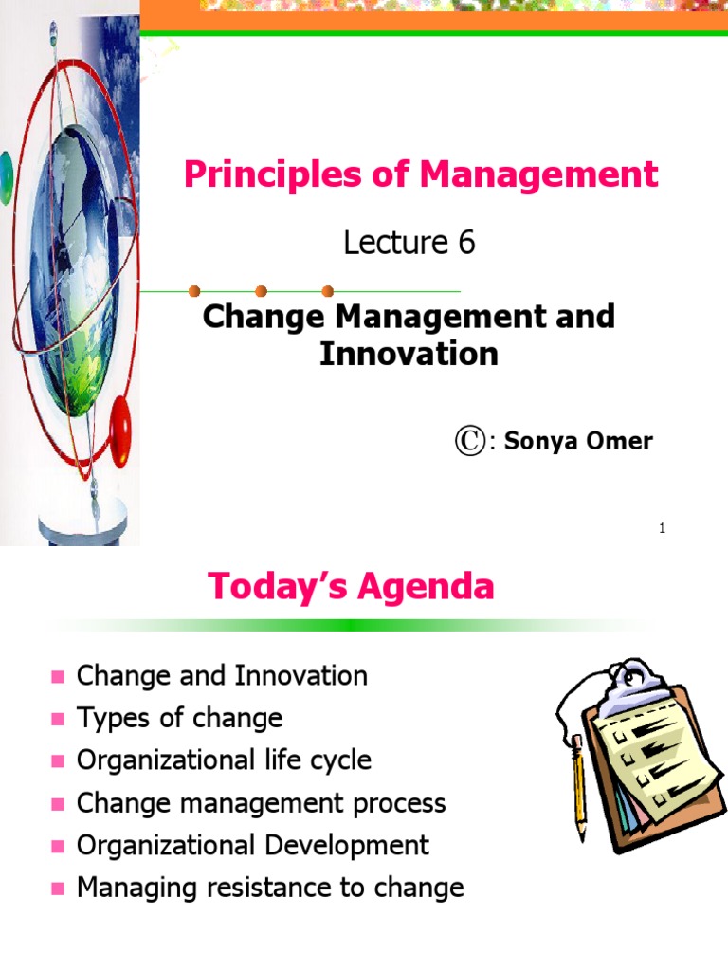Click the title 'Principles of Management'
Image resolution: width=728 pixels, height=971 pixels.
(420, 174)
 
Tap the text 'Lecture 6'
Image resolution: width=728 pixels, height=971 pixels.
(409, 244)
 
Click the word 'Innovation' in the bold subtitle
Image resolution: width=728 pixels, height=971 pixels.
(409, 354)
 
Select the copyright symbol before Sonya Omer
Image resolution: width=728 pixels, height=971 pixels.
(470, 441)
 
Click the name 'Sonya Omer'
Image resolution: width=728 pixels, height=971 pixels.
(578, 441)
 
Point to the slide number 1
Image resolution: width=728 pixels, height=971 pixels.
(663, 528)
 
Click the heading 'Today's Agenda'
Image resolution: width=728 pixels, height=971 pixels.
(351, 587)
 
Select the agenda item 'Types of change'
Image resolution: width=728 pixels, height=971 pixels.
(179, 718)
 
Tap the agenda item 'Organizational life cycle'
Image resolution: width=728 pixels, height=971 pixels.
(224, 760)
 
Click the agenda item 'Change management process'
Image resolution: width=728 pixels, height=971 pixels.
(261, 803)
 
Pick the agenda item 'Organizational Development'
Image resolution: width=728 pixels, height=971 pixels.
(252, 845)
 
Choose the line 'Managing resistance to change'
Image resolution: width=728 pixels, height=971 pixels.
(270, 888)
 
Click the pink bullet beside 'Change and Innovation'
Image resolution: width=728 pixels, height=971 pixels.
(58, 677)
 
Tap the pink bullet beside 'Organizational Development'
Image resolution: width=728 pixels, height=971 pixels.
(58, 846)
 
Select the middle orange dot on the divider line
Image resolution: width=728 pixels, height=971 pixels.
(262, 291)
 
